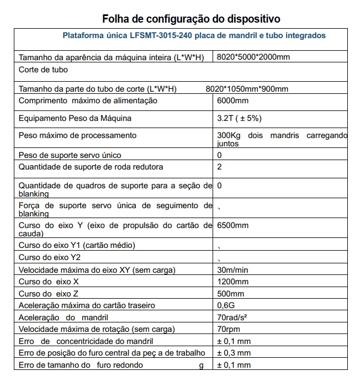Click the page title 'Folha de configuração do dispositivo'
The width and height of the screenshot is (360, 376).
pos(191,18)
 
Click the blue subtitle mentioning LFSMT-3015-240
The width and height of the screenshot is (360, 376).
pos(194,35)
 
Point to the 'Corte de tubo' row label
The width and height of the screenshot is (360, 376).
pos(43,70)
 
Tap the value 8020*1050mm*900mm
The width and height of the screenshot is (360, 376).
pos(247,89)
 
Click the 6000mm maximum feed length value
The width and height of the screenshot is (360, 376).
pos(233,100)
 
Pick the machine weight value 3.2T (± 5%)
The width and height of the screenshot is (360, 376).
pos(239,118)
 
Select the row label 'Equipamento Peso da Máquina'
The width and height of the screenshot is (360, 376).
pos(75,118)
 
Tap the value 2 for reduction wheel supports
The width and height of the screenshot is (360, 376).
pos(220,167)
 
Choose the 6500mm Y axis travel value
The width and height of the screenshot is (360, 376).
pos(233,225)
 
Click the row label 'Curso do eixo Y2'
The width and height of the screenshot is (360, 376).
pos(49,257)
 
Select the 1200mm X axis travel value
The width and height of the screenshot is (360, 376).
pos(233,282)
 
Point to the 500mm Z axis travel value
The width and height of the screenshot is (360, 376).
pos(231,294)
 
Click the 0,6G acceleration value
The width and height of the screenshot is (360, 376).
pos(227,305)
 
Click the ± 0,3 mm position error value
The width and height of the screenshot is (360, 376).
pos(234,353)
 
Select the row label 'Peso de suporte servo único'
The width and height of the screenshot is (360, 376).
pos(70,155)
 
